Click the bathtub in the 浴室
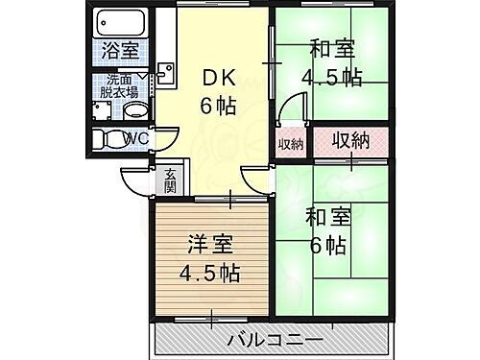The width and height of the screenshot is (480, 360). (120, 21)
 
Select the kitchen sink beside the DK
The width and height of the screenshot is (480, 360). (163, 71)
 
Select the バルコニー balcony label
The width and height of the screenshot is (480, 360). (275, 339)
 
